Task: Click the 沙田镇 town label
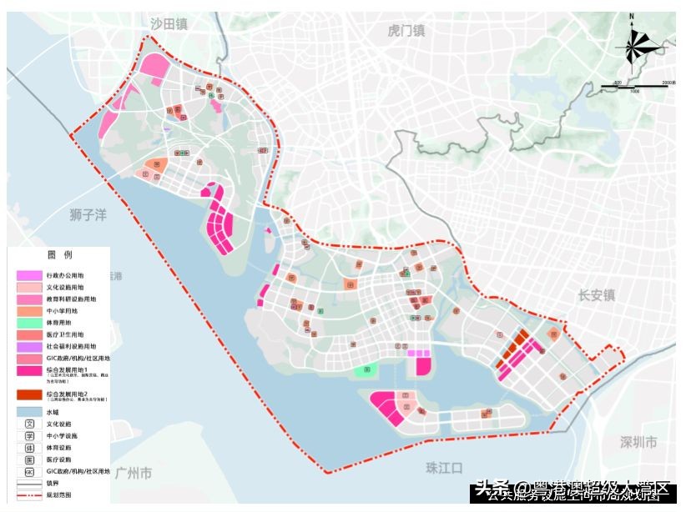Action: [169, 25]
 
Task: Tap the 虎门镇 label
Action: [406, 31]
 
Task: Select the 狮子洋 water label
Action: [88, 215]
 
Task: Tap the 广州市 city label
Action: [133, 473]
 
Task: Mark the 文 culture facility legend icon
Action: [29, 424]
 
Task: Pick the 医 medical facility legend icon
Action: [29, 459]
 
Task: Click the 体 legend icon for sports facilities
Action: [29, 448]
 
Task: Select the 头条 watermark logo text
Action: [492, 487]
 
